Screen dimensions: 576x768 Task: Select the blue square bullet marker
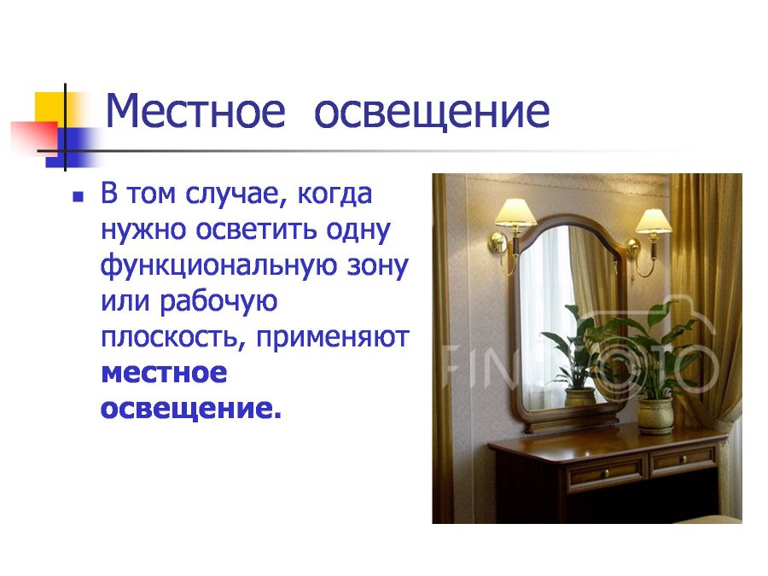(79, 196)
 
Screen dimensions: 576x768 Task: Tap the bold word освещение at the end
(190, 409)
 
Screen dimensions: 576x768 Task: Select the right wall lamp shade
(654, 220)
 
